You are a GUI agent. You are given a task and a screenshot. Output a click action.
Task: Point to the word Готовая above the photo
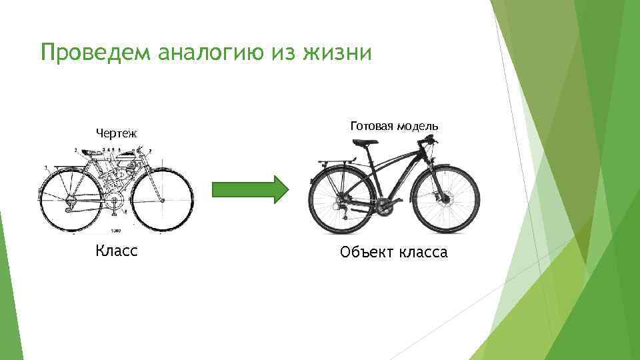click(x=369, y=125)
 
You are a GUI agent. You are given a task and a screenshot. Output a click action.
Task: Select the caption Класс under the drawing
click(x=117, y=251)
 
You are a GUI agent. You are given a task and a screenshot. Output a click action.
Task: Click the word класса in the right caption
click(x=424, y=253)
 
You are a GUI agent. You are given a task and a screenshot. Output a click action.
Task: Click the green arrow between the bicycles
click(x=250, y=189)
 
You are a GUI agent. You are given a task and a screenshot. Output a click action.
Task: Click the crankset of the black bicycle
click(x=383, y=205)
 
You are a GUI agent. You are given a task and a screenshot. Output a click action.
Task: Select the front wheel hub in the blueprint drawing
click(x=161, y=199)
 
